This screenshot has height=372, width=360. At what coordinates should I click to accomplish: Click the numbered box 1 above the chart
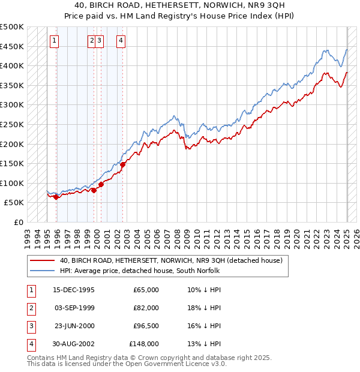click(55, 41)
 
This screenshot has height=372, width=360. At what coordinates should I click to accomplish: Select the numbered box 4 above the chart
click(121, 41)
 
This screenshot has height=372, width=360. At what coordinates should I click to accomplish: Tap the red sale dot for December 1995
click(56, 197)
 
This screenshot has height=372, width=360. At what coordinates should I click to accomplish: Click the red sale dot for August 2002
click(122, 164)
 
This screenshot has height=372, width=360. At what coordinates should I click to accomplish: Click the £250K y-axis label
click(12, 124)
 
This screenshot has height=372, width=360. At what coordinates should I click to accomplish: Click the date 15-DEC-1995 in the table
click(74, 290)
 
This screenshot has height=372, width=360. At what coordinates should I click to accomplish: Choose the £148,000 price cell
click(144, 344)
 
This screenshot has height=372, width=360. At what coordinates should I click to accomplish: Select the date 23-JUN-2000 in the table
click(74, 326)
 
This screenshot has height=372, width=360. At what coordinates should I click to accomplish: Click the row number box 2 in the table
click(30, 308)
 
